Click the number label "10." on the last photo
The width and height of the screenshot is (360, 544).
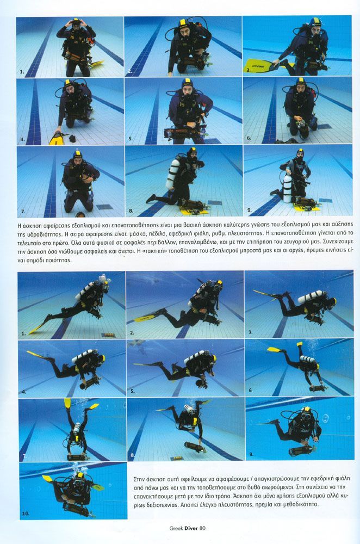26,513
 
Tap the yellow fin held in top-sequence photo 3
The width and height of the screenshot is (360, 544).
259,65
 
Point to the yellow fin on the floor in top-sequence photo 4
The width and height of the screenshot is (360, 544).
56,139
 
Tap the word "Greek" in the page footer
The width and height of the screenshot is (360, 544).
176,528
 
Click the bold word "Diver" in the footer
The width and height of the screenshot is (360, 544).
191,528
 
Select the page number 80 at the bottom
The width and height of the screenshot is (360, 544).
202,528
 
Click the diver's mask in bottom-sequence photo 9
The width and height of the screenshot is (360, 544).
306,416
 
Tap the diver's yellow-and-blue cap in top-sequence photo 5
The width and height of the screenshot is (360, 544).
187,84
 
